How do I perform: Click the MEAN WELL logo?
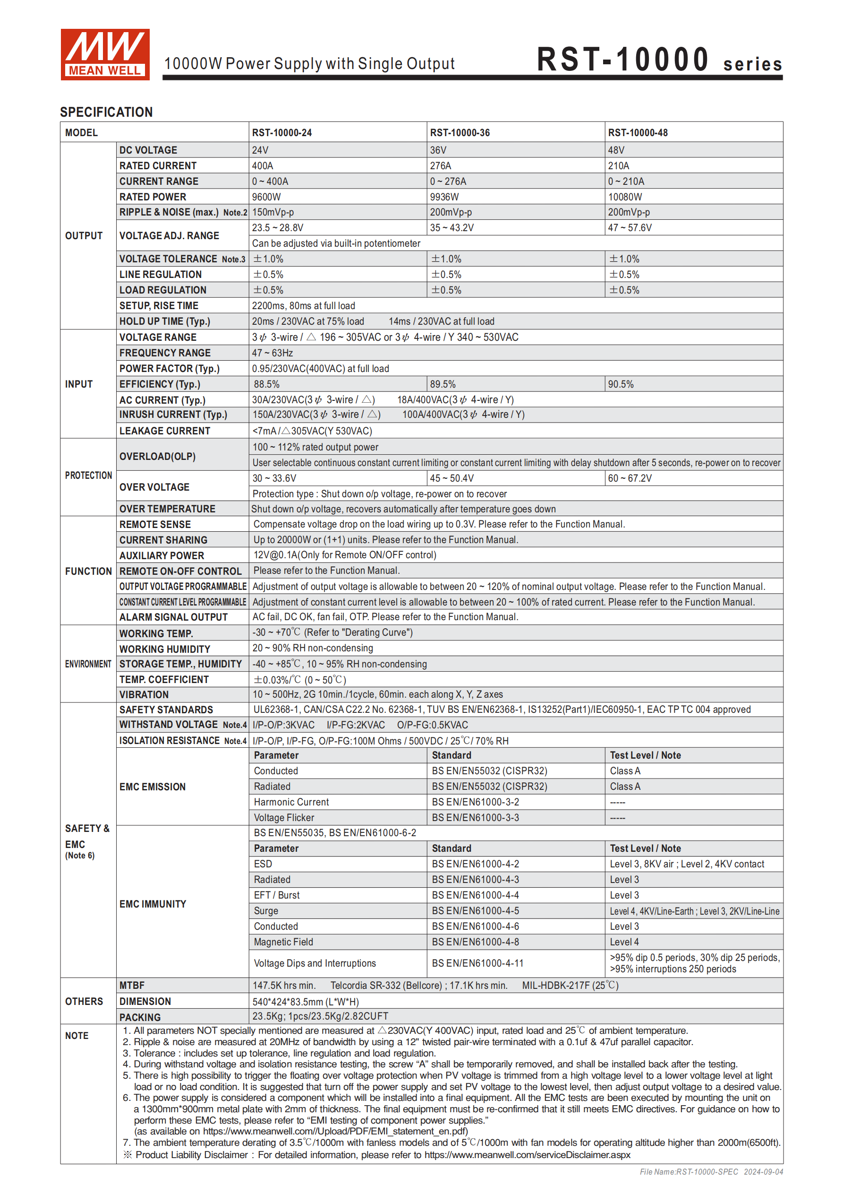click(105, 55)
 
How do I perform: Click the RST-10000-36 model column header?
click(460, 133)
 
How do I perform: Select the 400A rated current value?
click(263, 166)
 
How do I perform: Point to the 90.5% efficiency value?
click(621, 384)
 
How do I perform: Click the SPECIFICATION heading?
click(107, 112)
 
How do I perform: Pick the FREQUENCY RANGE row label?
click(165, 353)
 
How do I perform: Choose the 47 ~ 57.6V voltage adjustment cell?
click(630, 228)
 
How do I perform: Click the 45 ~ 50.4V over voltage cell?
click(451, 478)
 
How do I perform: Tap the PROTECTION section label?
click(88, 476)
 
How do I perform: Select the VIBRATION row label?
click(144, 695)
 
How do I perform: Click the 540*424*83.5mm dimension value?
click(305, 1002)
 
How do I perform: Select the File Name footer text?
click(711, 1172)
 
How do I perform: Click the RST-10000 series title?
click(658, 60)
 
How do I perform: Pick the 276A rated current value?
click(440, 166)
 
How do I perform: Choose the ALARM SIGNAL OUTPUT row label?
click(174, 617)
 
